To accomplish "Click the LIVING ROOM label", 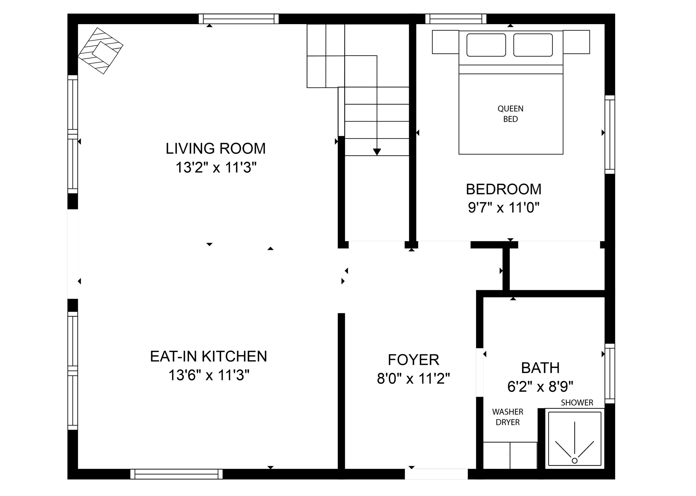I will tap(215, 148).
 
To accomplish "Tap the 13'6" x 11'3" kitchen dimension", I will tap(209, 375).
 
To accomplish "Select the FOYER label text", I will tap(413, 360).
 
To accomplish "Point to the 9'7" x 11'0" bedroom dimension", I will tap(503, 207).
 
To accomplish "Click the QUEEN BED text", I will tap(510, 114).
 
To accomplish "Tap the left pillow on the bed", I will tap(486, 45).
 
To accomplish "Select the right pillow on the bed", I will tap(533, 45).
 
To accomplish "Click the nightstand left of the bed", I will tap(445, 42).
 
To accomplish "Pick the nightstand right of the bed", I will tap(576, 42).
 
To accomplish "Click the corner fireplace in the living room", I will tap(101, 51).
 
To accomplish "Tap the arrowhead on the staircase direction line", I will tap(377, 152).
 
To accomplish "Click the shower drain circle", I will tap(574, 461).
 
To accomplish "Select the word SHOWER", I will tap(577, 403).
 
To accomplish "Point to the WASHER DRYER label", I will tap(507, 417).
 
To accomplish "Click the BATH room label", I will tap(540, 368).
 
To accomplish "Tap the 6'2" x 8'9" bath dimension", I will tap(540, 386).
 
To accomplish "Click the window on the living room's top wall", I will tap(239, 19).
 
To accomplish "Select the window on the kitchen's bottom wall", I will tap(176, 474).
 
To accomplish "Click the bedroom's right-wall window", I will tap(610, 134).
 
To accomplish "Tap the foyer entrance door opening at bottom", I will tap(436, 474).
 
